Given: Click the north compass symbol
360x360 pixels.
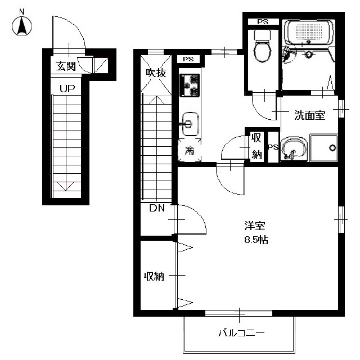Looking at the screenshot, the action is (x=22, y=25).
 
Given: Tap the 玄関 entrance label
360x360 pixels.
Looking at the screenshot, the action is (x=66, y=66).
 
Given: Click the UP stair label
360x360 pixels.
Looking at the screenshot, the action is (x=67, y=88).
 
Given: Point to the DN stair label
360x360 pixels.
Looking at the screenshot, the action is (x=157, y=208).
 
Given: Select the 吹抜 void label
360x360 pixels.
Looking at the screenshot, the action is (x=156, y=73).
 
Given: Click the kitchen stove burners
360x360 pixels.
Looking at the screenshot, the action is (x=190, y=85).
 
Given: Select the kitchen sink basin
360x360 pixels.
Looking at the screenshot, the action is (x=190, y=124).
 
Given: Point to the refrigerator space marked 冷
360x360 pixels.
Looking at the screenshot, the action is (x=190, y=150).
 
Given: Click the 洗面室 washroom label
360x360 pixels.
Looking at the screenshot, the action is (x=310, y=115).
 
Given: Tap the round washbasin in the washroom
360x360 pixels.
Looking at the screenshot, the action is (x=294, y=148).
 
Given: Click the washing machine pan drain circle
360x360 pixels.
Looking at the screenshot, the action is (x=332, y=148).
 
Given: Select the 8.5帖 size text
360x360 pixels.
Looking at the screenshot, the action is (x=256, y=240).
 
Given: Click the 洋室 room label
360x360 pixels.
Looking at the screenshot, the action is (x=255, y=226).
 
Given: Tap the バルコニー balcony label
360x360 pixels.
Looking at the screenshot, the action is (x=241, y=332).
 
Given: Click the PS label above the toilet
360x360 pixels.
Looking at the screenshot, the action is (x=263, y=22).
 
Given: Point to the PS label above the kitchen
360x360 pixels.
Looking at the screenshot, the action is (x=188, y=59).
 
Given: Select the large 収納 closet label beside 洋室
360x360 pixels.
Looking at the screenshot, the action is (x=154, y=276).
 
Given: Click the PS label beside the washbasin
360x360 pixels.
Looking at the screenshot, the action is (x=273, y=147).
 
